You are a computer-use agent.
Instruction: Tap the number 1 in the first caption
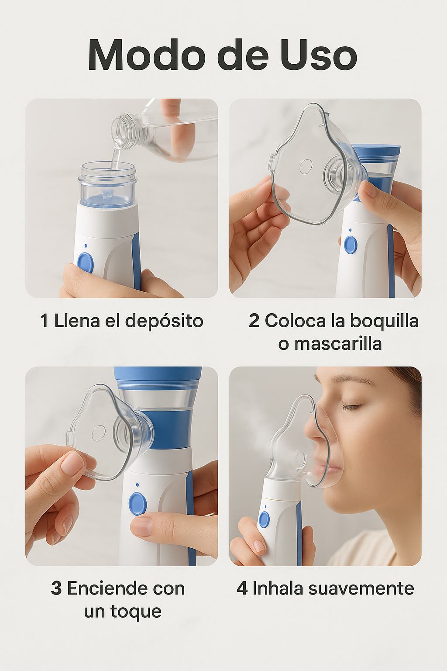(x=45, y=321)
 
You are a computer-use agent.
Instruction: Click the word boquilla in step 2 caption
(x=384, y=321)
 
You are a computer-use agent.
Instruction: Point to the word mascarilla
(x=338, y=343)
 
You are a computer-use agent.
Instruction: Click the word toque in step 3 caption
(x=136, y=612)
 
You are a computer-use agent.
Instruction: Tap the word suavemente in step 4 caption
(x=361, y=588)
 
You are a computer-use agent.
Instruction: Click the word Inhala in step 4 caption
(x=278, y=588)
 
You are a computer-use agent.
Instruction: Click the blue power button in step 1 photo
(x=85, y=263)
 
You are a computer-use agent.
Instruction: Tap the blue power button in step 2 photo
(x=351, y=245)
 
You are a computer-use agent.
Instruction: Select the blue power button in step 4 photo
(x=264, y=519)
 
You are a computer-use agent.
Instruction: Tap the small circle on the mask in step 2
(x=306, y=166)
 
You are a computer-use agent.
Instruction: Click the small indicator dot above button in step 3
(x=137, y=484)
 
